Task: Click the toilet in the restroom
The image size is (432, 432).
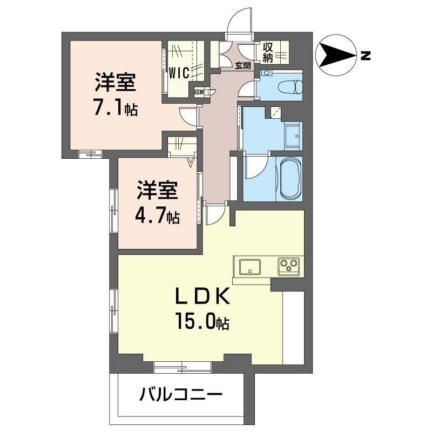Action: point(290,86)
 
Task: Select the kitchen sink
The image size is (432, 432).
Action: point(250,267)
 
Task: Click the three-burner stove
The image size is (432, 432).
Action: point(289,266)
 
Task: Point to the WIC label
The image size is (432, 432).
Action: point(179,73)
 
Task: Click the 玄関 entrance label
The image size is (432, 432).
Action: point(243,65)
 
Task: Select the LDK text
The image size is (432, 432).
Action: point(203,297)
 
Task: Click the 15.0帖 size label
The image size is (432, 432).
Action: point(202,321)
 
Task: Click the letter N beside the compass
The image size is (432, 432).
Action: point(366,56)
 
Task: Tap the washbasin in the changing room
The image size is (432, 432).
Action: point(293,136)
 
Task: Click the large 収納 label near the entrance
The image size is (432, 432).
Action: point(267,52)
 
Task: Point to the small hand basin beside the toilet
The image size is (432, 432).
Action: point(266,73)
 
